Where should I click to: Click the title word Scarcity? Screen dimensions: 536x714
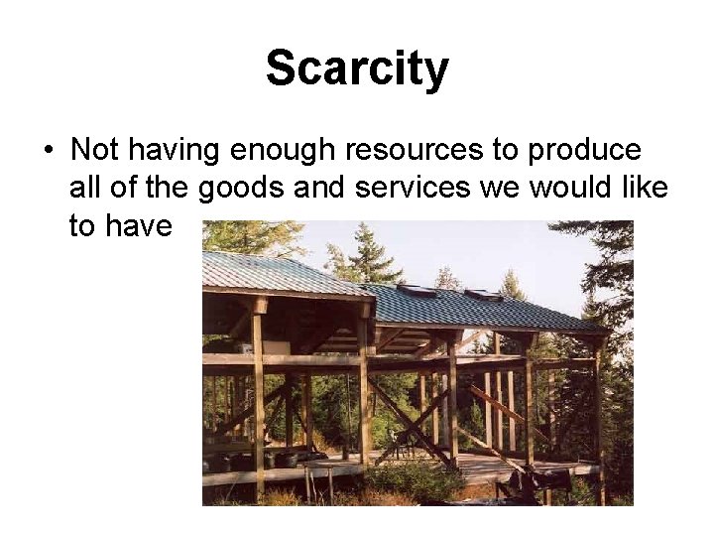(x=357, y=69)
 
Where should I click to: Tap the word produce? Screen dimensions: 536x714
(x=584, y=150)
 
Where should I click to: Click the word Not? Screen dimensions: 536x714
(x=96, y=150)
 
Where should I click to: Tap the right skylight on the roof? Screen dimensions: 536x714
(x=483, y=295)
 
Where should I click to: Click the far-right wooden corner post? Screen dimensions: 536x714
(x=598, y=417)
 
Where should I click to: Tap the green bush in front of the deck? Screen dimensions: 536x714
(x=416, y=481)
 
